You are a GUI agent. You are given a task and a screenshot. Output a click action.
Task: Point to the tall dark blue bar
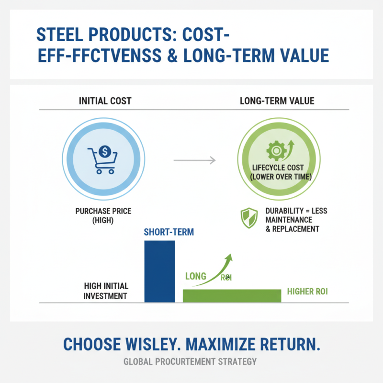[x=159, y=271]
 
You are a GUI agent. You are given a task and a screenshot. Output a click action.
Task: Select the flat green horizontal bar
[x=232, y=296]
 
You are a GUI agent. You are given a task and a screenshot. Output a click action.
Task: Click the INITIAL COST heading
[x=105, y=101]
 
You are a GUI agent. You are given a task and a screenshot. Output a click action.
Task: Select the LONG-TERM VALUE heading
[x=277, y=101]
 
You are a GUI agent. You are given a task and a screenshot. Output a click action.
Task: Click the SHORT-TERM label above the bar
[x=169, y=233]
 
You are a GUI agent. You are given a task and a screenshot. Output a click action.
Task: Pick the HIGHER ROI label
[x=307, y=291]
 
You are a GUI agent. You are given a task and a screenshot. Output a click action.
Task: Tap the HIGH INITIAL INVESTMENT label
[x=105, y=291]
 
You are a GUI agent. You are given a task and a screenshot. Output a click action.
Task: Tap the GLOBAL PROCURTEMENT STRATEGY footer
[x=191, y=361]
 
